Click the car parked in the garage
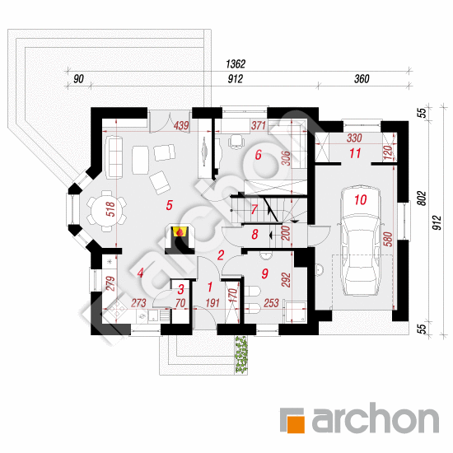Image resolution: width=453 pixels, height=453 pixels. coord(361,241)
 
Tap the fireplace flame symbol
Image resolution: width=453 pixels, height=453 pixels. coord(180,231)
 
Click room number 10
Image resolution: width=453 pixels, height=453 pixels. coord(360,199)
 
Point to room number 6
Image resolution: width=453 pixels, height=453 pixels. coord(258,155)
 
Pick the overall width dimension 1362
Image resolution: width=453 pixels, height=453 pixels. coord(236,64)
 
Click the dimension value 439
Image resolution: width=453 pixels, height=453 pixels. coord(181,125)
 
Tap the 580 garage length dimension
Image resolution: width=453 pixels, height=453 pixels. coord(389,239)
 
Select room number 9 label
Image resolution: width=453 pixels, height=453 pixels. coord(264,273)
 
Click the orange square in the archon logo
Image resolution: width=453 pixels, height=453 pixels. coord(292,421)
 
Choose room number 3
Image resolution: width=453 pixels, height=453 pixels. coord(181,289)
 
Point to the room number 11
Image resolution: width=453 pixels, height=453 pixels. coord(355,153)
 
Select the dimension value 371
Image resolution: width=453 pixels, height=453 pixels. coord(259,125)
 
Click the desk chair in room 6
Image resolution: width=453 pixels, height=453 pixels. coord(236,142)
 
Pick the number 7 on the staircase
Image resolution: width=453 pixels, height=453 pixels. coord(254,209)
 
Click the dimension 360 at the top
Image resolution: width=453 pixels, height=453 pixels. coord(362,79)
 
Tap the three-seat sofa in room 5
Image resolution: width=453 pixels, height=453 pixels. coord(114,156)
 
